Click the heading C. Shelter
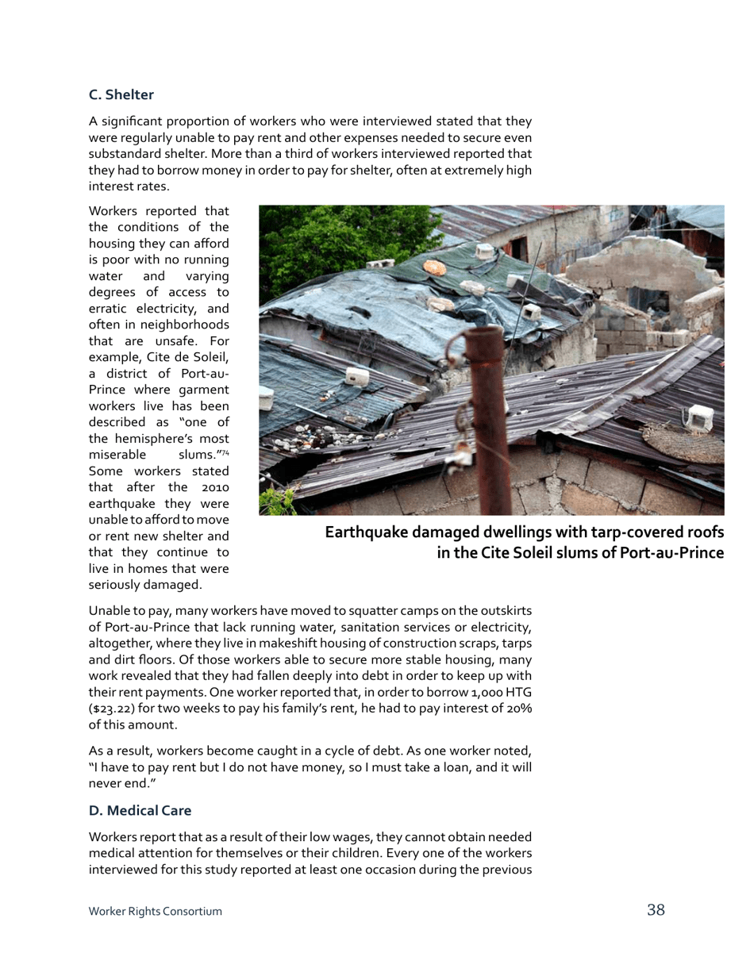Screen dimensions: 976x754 (x=121, y=95)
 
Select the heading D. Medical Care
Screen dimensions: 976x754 (x=140, y=811)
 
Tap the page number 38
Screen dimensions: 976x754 (x=656, y=910)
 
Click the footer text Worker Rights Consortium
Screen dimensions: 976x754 (x=155, y=912)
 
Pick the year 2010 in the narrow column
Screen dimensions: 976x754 (x=213, y=487)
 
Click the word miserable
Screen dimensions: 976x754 (x=117, y=455)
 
